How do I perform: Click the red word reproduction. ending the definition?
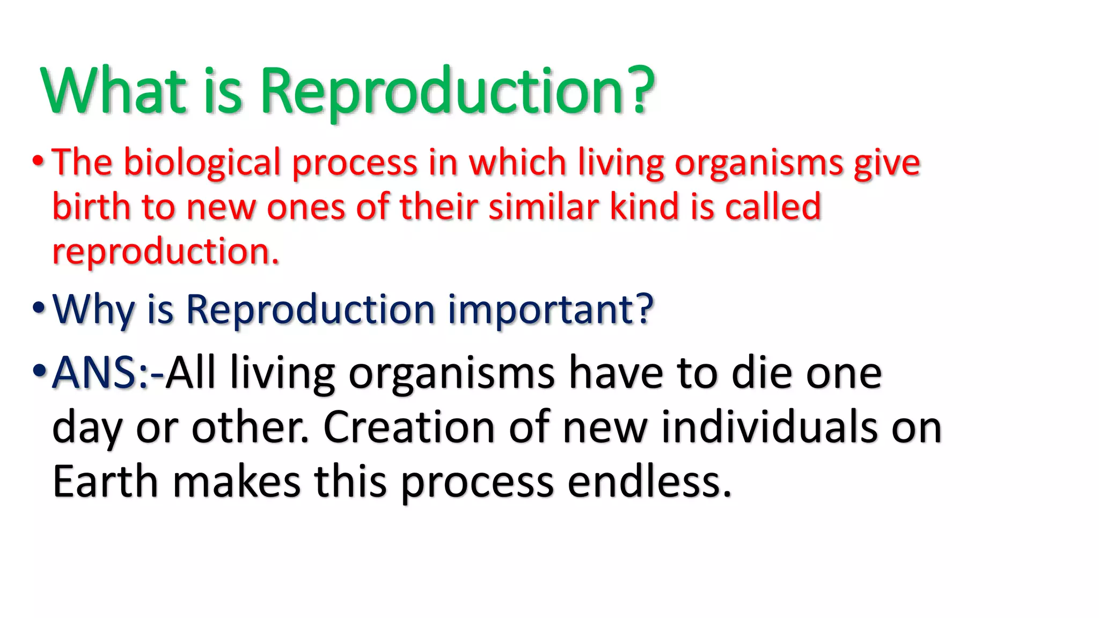165,252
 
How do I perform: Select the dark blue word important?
551,311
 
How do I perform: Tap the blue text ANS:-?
108,372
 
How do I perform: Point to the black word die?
761,372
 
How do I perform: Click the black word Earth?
105,481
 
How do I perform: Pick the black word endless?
649,481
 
